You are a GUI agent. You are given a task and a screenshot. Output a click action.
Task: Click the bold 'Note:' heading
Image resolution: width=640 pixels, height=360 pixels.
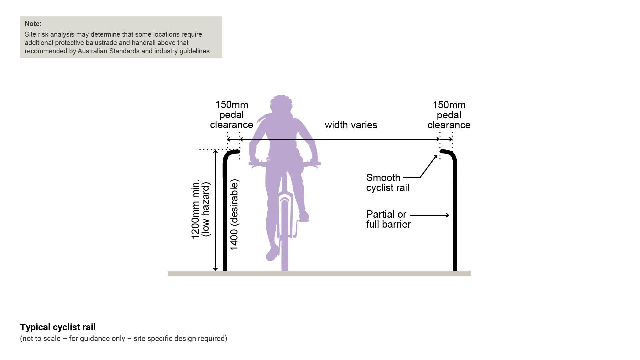coord(33,24)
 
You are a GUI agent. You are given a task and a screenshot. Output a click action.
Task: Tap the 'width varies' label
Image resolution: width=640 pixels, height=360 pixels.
coord(351,125)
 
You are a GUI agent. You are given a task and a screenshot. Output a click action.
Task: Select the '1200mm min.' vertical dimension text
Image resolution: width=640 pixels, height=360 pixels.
coord(195,209)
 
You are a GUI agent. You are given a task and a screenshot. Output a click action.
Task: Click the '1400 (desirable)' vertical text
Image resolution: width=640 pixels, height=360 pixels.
coord(234,215)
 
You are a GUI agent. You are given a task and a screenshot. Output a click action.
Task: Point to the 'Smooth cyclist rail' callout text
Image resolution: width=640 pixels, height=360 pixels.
coord(387,183)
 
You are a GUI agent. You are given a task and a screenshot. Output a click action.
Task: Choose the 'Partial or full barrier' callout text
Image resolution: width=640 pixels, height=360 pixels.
coord(388,219)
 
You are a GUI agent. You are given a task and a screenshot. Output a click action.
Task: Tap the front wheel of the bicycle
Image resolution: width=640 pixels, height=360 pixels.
coord(285,233)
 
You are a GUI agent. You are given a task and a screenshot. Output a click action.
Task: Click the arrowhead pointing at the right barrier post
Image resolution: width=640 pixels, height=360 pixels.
coord(447,215)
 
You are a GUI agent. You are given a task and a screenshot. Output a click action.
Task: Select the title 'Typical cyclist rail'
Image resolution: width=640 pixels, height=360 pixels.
coord(58,327)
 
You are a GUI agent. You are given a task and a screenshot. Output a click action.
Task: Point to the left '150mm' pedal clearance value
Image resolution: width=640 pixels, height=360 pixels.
coord(232,105)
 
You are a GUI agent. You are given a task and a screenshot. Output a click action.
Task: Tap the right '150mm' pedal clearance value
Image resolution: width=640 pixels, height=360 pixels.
coord(449,105)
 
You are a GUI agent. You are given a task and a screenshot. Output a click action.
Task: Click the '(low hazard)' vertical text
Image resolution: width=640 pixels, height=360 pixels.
coord(206,209)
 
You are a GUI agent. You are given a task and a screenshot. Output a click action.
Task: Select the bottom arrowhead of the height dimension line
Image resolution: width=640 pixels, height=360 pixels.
coord(215,269)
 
